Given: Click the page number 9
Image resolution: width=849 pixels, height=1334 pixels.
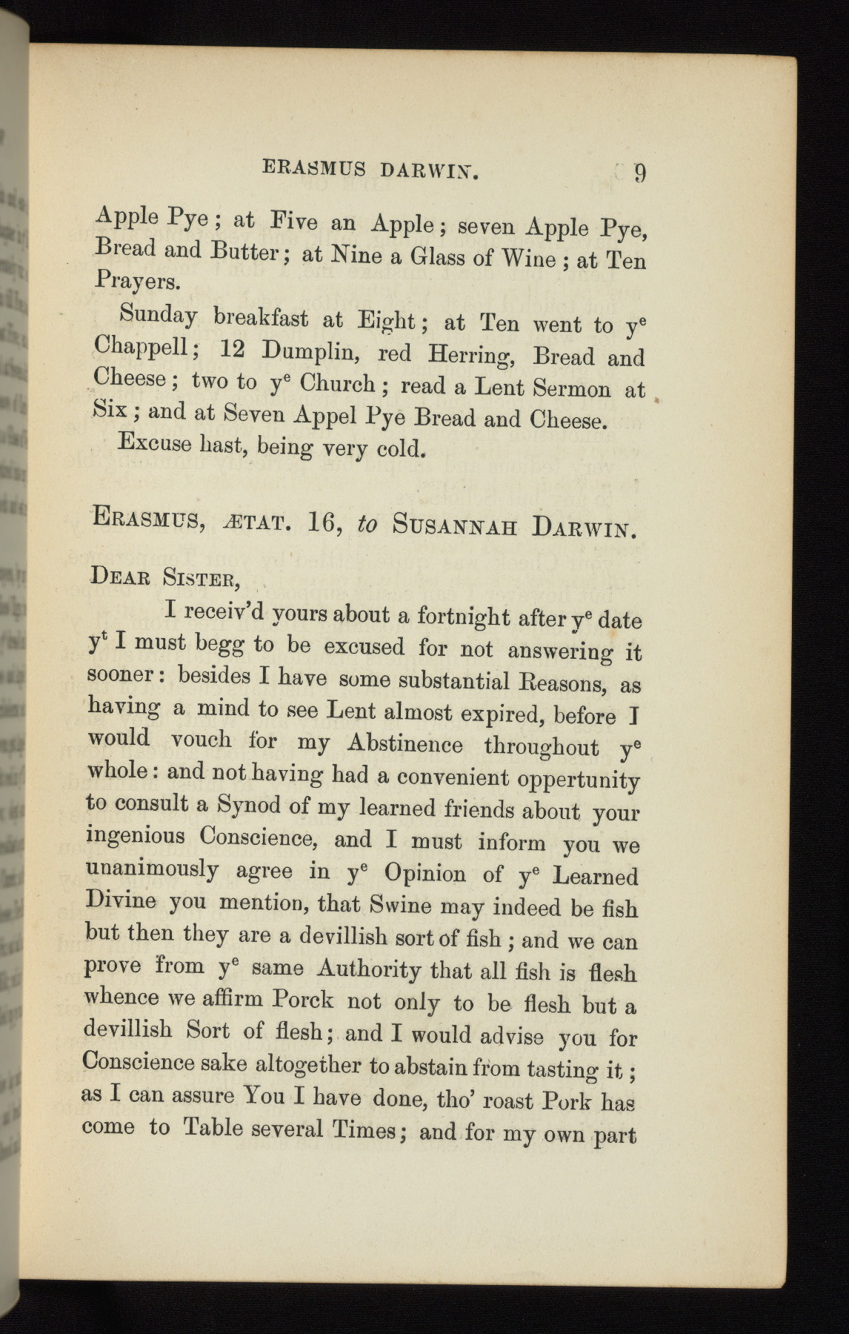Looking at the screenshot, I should [x=640, y=173].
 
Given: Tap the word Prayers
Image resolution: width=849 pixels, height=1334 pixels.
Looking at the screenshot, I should [x=137, y=281].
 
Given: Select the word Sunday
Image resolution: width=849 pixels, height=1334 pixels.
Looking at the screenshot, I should [x=157, y=316].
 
